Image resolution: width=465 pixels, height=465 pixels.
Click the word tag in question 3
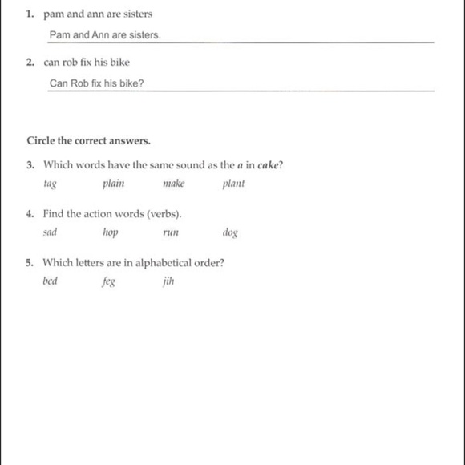(x=50, y=184)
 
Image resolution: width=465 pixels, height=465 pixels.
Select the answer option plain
(x=113, y=184)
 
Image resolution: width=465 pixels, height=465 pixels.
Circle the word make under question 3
(x=173, y=184)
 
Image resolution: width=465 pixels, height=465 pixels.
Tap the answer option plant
(x=233, y=184)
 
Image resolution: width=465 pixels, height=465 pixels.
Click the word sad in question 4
(x=51, y=232)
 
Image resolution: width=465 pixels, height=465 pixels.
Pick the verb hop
(x=111, y=233)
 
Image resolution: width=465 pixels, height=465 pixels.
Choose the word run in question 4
(x=170, y=233)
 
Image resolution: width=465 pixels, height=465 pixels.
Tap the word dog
(x=230, y=233)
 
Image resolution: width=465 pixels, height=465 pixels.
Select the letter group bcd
(x=51, y=281)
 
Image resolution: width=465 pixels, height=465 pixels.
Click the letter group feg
(x=108, y=282)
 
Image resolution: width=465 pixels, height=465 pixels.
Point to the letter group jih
(x=168, y=281)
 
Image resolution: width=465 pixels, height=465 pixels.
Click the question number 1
(x=30, y=14)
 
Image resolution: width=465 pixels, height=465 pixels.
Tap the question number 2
(x=30, y=62)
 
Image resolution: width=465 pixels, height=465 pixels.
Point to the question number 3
(x=30, y=166)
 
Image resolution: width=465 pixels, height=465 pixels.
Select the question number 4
(x=30, y=214)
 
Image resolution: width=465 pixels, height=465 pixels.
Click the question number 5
(x=30, y=262)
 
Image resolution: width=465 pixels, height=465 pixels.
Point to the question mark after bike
(x=141, y=84)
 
